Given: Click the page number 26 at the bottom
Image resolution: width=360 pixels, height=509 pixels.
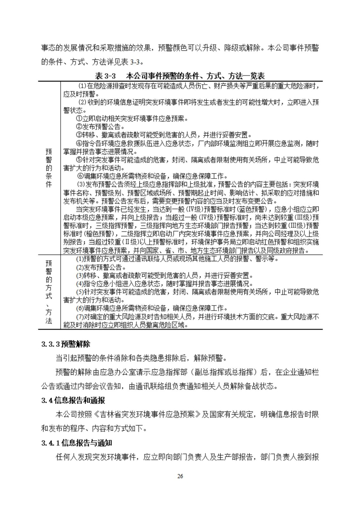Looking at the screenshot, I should (x=180, y=476).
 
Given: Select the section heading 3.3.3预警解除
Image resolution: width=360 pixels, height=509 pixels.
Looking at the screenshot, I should (x=66, y=344).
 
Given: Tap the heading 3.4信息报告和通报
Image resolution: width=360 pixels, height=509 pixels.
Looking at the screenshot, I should (x=73, y=400).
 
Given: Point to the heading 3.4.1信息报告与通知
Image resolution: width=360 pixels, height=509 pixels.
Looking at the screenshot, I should (x=77, y=443).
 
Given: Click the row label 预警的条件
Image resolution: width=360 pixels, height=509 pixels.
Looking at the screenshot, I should (x=49, y=168).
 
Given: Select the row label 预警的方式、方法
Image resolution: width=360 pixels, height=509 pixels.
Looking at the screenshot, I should (x=49, y=291).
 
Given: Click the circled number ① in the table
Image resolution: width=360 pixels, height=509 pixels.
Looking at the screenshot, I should (x=79, y=119).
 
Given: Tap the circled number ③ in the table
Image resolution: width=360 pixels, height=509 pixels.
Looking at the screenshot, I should (x=79, y=135).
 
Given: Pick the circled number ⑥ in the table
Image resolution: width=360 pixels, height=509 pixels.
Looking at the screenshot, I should (x=81, y=176).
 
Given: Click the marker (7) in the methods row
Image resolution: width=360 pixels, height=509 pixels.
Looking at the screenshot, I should (x=80, y=317).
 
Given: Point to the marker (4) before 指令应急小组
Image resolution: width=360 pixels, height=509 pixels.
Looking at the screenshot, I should (x=80, y=284).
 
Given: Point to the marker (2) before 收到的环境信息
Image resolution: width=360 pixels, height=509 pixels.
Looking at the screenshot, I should (x=82, y=102).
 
